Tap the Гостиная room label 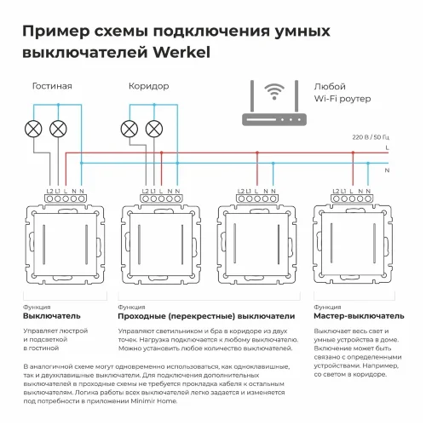(x=52, y=86)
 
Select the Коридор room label (x=148, y=86)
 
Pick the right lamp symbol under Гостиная (x=58, y=130)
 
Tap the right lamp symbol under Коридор (x=154, y=130)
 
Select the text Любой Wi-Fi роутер (x=341, y=94)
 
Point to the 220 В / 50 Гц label (x=369, y=136)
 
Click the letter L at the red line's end (x=389, y=148)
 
